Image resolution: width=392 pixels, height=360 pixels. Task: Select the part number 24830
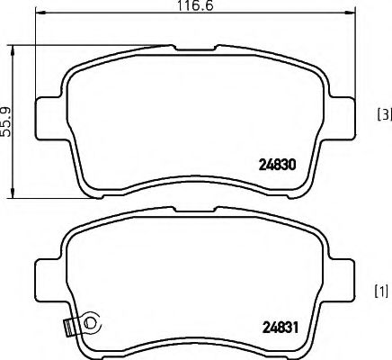click(x=279, y=166)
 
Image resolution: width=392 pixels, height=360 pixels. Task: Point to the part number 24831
click(x=279, y=327)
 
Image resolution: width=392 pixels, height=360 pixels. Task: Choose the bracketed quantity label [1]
click(x=382, y=291)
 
